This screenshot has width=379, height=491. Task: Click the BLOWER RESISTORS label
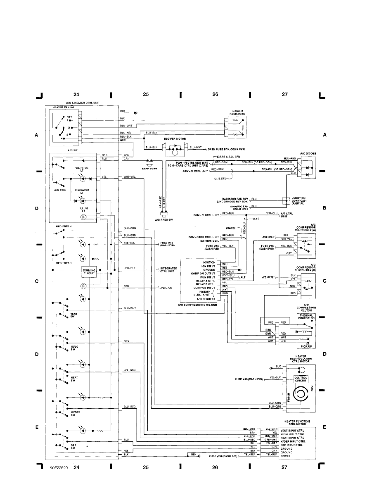(x=237, y=112)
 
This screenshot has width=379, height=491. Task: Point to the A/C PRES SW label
(x=164, y=220)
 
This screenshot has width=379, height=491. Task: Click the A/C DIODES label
(x=308, y=153)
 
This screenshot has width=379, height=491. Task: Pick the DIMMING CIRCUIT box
(x=89, y=271)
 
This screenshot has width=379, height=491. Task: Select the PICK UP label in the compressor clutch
(x=306, y=346)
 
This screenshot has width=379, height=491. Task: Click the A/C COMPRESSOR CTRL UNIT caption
(x=197, y=305)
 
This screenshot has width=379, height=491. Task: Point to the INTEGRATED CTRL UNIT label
(x=168, y=270)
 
